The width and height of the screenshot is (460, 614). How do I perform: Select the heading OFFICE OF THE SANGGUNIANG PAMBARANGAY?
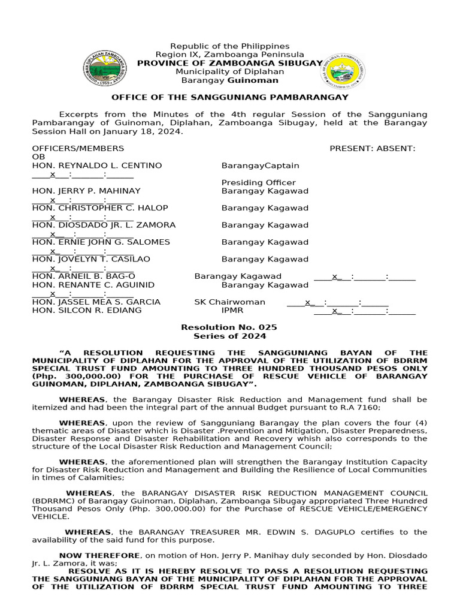(229, 97)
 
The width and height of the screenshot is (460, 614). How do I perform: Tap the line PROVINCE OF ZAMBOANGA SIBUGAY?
(229, 63)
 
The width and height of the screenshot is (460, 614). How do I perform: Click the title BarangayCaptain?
(260, 165)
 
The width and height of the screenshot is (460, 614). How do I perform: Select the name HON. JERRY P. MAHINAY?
(86, 191)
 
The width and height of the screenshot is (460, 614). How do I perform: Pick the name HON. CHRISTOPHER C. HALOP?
(100, 208)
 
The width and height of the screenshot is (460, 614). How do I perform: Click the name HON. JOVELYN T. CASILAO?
(91, 259)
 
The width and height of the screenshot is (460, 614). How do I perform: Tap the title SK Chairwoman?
(229, 302)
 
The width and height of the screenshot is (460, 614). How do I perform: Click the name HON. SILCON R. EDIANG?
(87, 311)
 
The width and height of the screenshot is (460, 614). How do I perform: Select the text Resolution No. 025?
(229, 327)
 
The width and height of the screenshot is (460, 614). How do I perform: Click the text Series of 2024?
(229, 336)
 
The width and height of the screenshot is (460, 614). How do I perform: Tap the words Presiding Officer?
(258, 183)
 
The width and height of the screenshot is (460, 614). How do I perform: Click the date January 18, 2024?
(153, 131)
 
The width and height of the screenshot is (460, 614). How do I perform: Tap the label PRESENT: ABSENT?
(372, 148)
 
